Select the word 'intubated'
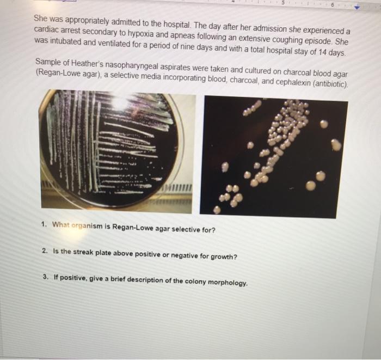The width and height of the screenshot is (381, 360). point(66,41)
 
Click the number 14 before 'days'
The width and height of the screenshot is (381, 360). point(322,52)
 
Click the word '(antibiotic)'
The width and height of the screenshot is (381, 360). point(331,84)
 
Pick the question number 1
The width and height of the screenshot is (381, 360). point(44,224)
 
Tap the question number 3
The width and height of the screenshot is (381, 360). point(45,277)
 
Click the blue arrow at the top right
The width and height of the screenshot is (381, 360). point(357,8)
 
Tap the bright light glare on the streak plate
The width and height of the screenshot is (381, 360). point(120,102)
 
